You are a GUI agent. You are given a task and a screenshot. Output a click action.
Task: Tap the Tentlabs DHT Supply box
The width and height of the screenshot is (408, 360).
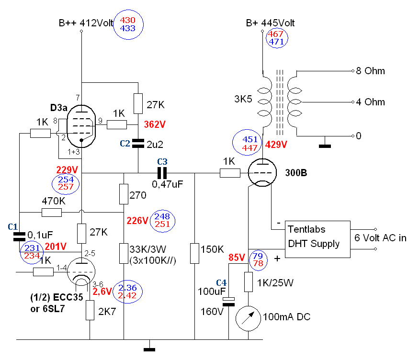314,237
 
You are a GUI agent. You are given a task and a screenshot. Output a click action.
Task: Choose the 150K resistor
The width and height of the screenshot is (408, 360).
194,253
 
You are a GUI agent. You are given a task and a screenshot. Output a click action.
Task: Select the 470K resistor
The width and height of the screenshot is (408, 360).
52,213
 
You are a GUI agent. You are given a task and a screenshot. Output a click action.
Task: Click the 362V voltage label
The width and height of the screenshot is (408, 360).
155,124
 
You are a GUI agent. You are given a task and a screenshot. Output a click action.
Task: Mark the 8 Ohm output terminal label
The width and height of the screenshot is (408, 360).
370,71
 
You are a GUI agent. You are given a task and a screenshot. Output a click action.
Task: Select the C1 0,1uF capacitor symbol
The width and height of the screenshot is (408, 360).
19,236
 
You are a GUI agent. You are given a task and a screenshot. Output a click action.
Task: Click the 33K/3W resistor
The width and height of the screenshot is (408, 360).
124,253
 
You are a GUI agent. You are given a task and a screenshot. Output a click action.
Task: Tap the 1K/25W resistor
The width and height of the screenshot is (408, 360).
249,281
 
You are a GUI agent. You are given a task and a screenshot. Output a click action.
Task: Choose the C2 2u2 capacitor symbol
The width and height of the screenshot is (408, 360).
137,143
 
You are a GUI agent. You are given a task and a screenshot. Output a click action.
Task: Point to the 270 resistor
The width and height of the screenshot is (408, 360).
124,195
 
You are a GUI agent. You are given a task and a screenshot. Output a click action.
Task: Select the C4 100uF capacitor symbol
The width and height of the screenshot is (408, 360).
230,301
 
